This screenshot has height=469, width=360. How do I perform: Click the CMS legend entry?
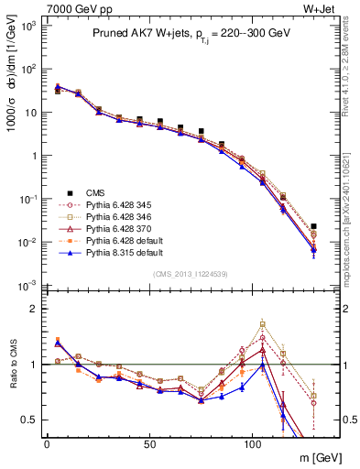tap(96, 193)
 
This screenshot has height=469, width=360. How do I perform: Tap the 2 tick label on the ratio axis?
tap(36, 309)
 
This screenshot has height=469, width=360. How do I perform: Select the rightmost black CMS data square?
tap(313, 226)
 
